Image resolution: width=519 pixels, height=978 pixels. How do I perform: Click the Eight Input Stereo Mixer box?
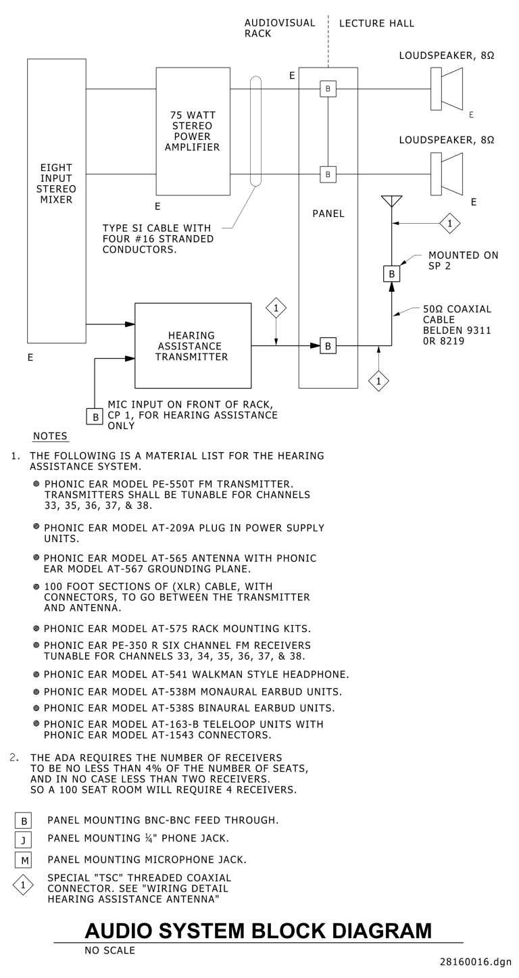click(x=57, y=200)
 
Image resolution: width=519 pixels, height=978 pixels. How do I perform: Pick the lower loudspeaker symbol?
click(x=446, y=174)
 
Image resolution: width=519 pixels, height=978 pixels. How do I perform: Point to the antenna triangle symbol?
click(x=392, y=201)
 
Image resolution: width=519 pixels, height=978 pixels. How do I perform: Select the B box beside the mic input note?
click(x=94, y=416)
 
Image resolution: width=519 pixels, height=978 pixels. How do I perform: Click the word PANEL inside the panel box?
click(x=328, y=214)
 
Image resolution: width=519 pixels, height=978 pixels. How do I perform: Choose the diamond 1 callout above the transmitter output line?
click(x=276, y=308)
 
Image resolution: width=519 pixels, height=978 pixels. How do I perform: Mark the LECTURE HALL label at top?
click(x=376, y=24)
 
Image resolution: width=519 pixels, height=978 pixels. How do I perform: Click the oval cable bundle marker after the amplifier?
click(x=255, y=130)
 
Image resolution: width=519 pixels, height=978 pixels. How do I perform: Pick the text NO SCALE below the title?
click(x=111, y=950)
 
